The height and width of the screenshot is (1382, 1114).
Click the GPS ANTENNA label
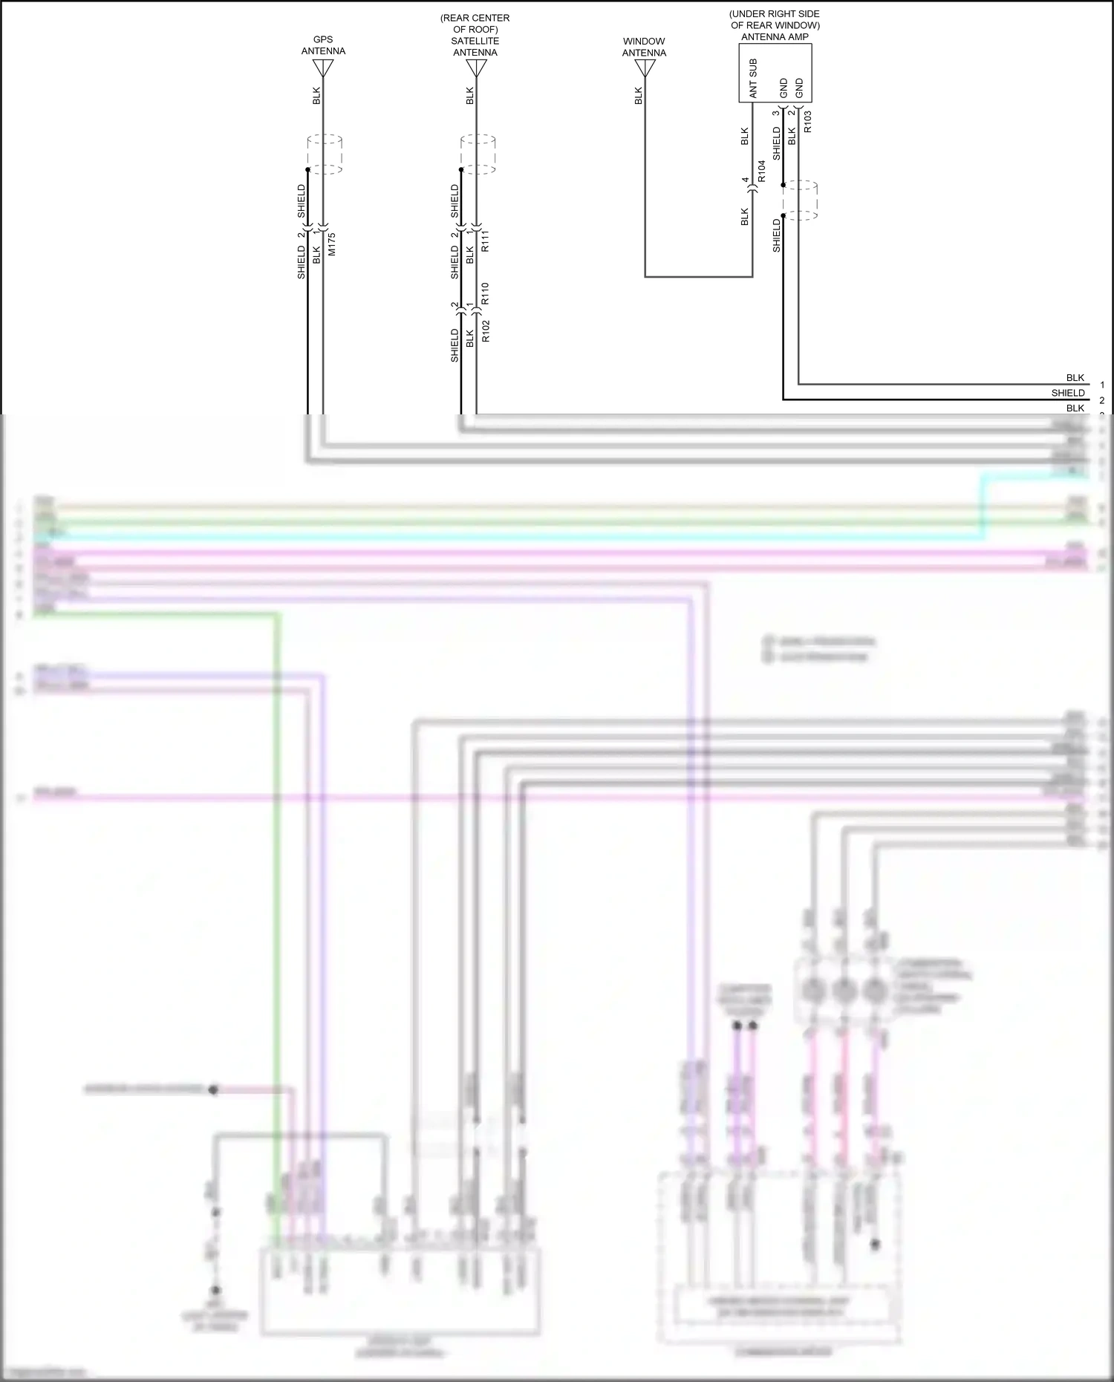(x=323, y=45)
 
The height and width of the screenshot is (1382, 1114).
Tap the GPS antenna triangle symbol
(x=323, y=68)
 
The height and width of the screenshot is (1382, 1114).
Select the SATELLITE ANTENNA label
(x=475, y=47)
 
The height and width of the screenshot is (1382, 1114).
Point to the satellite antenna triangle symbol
(x=476, y=68)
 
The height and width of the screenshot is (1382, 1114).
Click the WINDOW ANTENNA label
(x=644, y=47)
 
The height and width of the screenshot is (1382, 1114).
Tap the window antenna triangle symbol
(x=645, y=68)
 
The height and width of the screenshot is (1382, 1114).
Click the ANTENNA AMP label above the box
(x=775, y=36)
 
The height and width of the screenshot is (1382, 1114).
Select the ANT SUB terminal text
(x=753, y=79)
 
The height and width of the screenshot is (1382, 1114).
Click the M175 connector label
(x=332, y=244)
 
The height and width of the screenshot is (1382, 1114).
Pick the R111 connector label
(x=485, y=241)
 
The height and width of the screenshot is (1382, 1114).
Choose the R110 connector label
(x=485, y=293)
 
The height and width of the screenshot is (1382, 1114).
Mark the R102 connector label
(x=485, y=330)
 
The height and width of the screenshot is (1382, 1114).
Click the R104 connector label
(x=761, y=171)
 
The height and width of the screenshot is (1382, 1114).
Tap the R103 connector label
(x=807, y=120)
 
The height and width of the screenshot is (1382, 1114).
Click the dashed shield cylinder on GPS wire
(x=325, y=154)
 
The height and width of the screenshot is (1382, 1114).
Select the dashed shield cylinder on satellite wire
(x=478, y=154)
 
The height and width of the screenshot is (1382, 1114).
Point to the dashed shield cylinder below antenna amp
(x=800, y=200)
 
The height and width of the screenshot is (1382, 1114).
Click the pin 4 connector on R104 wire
(x=752, y=190)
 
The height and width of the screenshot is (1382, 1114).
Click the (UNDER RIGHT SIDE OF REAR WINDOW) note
(x=775, y=19)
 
